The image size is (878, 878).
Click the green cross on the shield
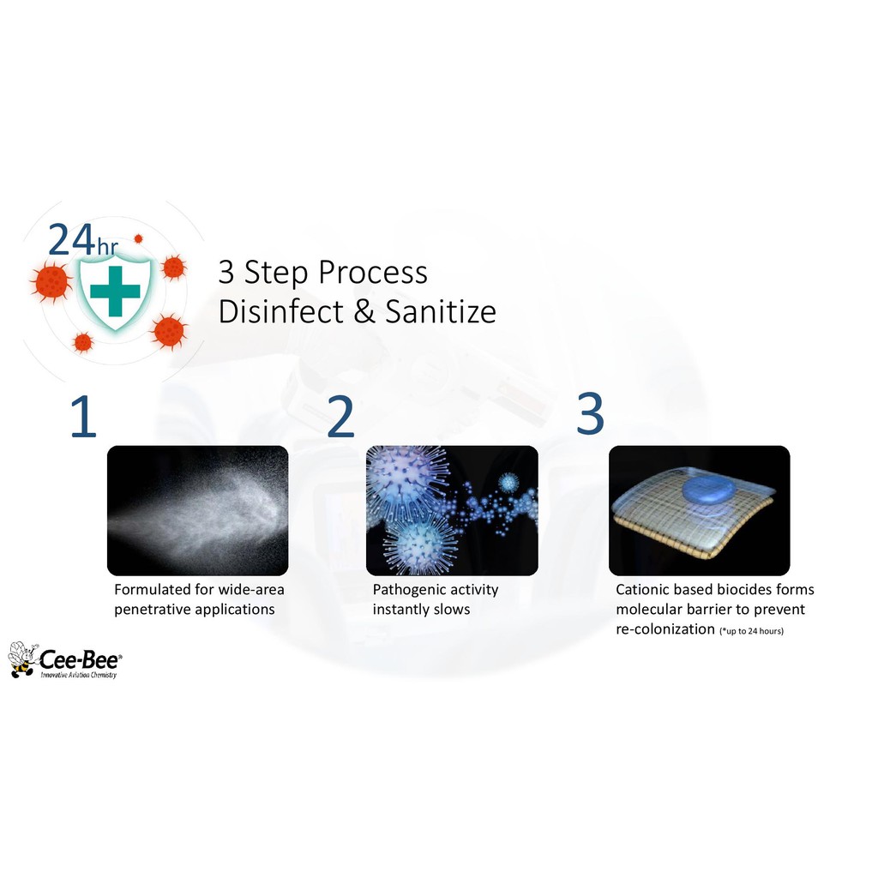(115, 291)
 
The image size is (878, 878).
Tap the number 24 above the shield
(71, 240)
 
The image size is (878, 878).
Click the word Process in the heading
(373, 273)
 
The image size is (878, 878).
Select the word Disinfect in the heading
(280, 311)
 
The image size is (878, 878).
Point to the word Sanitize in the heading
(441, 311)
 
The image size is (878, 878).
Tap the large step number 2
(340, 416)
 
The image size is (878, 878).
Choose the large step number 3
(590, 414)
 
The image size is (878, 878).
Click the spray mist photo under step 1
(198, 510)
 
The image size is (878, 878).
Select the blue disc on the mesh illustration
(709, 490)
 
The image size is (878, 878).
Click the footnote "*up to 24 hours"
(751, 631)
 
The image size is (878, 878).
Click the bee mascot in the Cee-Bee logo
(23, 659)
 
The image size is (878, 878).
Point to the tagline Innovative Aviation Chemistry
(78, 676)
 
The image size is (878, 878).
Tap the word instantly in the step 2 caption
(398, 610)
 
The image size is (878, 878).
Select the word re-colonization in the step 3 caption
(665, 629)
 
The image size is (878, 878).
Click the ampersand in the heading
(364, 312)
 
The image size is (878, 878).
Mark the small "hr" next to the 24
(108, 246)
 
